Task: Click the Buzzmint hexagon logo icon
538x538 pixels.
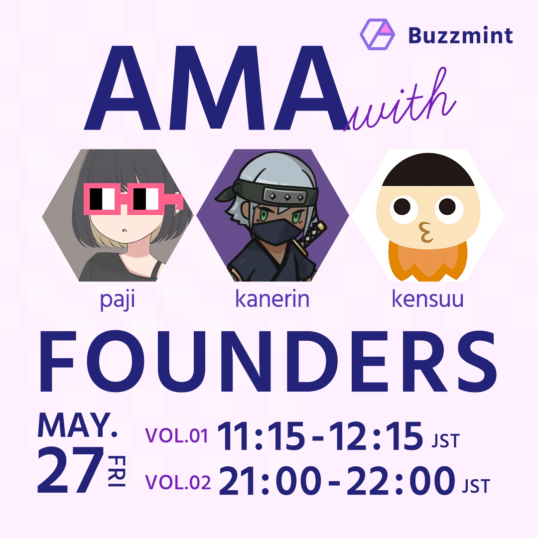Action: pos(377,35)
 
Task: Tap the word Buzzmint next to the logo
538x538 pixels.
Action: pos(460,35)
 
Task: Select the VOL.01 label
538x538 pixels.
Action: pos(176,436)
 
